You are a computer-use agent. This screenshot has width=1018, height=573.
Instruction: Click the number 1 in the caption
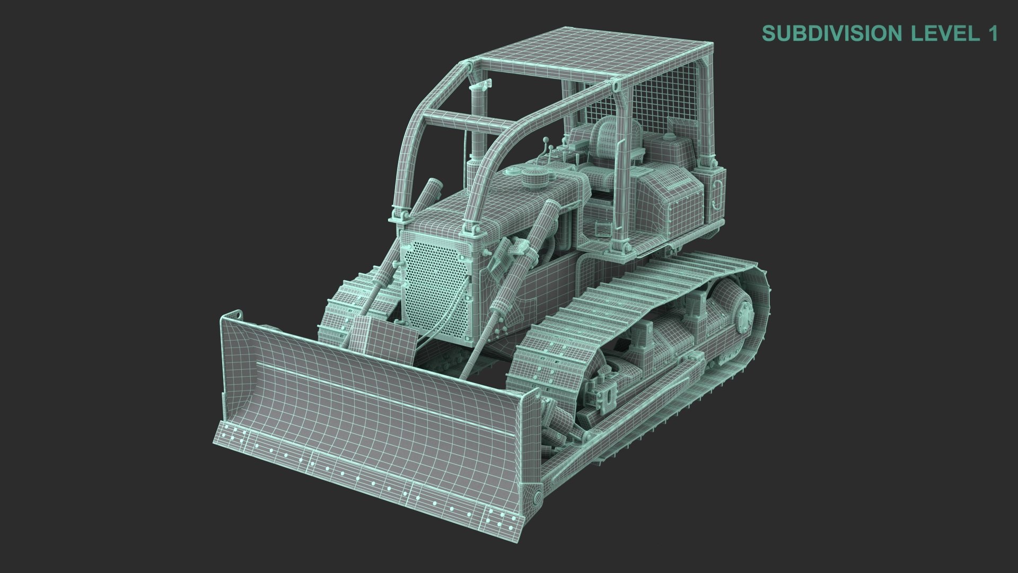(991, 33)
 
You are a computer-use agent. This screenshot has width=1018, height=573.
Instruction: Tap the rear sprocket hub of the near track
(742, 315)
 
